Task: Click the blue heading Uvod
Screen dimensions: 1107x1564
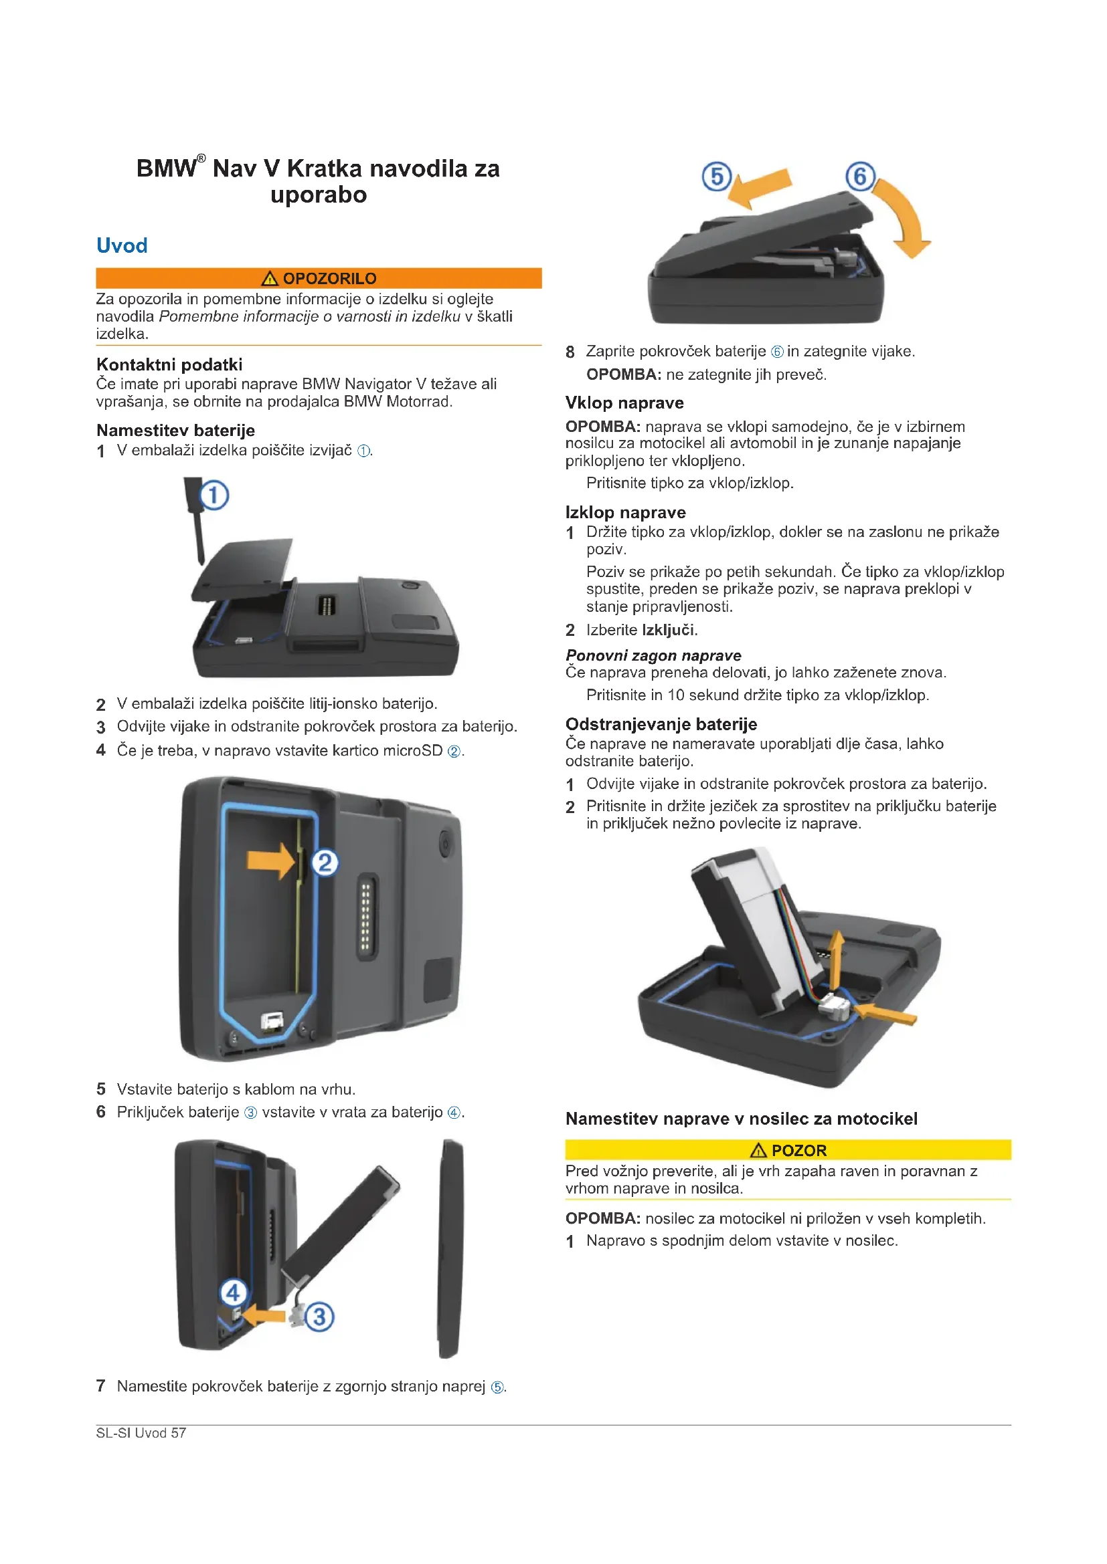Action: coord(122,245)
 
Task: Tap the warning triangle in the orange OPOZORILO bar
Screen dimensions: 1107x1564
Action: coord(270,278)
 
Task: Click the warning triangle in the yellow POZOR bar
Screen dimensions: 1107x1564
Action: coord(759,1151)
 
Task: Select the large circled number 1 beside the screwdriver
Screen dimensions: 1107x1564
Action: coord(214,495)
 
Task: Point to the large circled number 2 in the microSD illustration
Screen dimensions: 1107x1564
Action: coord(325,863)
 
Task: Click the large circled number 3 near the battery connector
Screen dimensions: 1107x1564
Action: coord(319,1317)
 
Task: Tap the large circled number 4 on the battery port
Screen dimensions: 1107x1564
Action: coord(233,1293)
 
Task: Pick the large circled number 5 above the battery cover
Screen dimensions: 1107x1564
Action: coord(716,177)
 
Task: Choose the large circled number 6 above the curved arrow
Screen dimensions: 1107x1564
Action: coord(860,177)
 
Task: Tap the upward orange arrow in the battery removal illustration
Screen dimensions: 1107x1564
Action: coord(835,960)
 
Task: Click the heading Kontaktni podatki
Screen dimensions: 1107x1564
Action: coord(169,364)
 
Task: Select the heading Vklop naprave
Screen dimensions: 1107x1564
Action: coord(624,403)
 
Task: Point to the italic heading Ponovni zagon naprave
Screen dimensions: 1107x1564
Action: coord(653,655)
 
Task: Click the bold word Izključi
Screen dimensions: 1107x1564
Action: coord(669,630)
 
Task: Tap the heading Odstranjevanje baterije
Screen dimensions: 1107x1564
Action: coord(661,723)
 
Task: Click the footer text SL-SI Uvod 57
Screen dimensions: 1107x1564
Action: coord(141,1432)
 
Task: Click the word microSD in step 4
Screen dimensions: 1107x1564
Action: coord(412,750)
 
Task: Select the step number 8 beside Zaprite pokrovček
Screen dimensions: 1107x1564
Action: coord(570,352)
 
